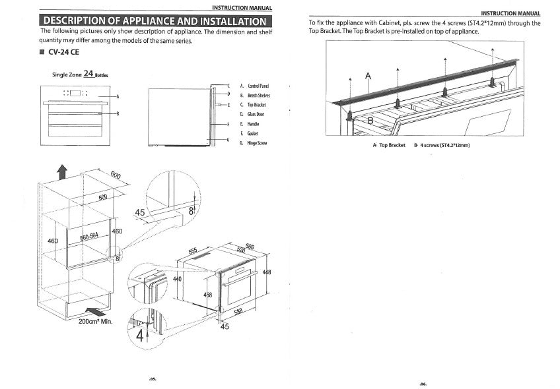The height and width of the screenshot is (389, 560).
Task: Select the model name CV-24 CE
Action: pyautogui.click(x=64, y=52)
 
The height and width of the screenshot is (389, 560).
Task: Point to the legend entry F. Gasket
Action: pyautogui.click(x=250, y=133)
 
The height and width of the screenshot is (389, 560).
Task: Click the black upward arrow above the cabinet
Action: pyautogui.click(x=62, y=171)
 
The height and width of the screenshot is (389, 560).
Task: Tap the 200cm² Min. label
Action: pyautogui.click(x=96, y=322)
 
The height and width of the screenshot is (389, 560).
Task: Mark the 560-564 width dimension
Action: pyautogui.click(x=89, y=237)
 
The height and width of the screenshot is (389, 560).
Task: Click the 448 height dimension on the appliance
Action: pyautogui.click(x=267, y=272)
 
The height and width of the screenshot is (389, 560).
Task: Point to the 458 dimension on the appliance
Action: pyautogui.click(x=207, y=295)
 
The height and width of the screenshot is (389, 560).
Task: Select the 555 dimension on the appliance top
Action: pyautogui.click(x=193, y=251)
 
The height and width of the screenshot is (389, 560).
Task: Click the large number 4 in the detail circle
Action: pyautogui.click(x=139, y=334)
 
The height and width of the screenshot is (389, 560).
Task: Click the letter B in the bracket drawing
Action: pyautogui.click(x=370, y=121)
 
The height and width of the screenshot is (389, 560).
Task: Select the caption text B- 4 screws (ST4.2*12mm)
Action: pyautogui.click(x=441, y=145)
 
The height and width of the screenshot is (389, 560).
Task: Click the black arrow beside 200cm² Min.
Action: pyautogui.click(x=94, y=309)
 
